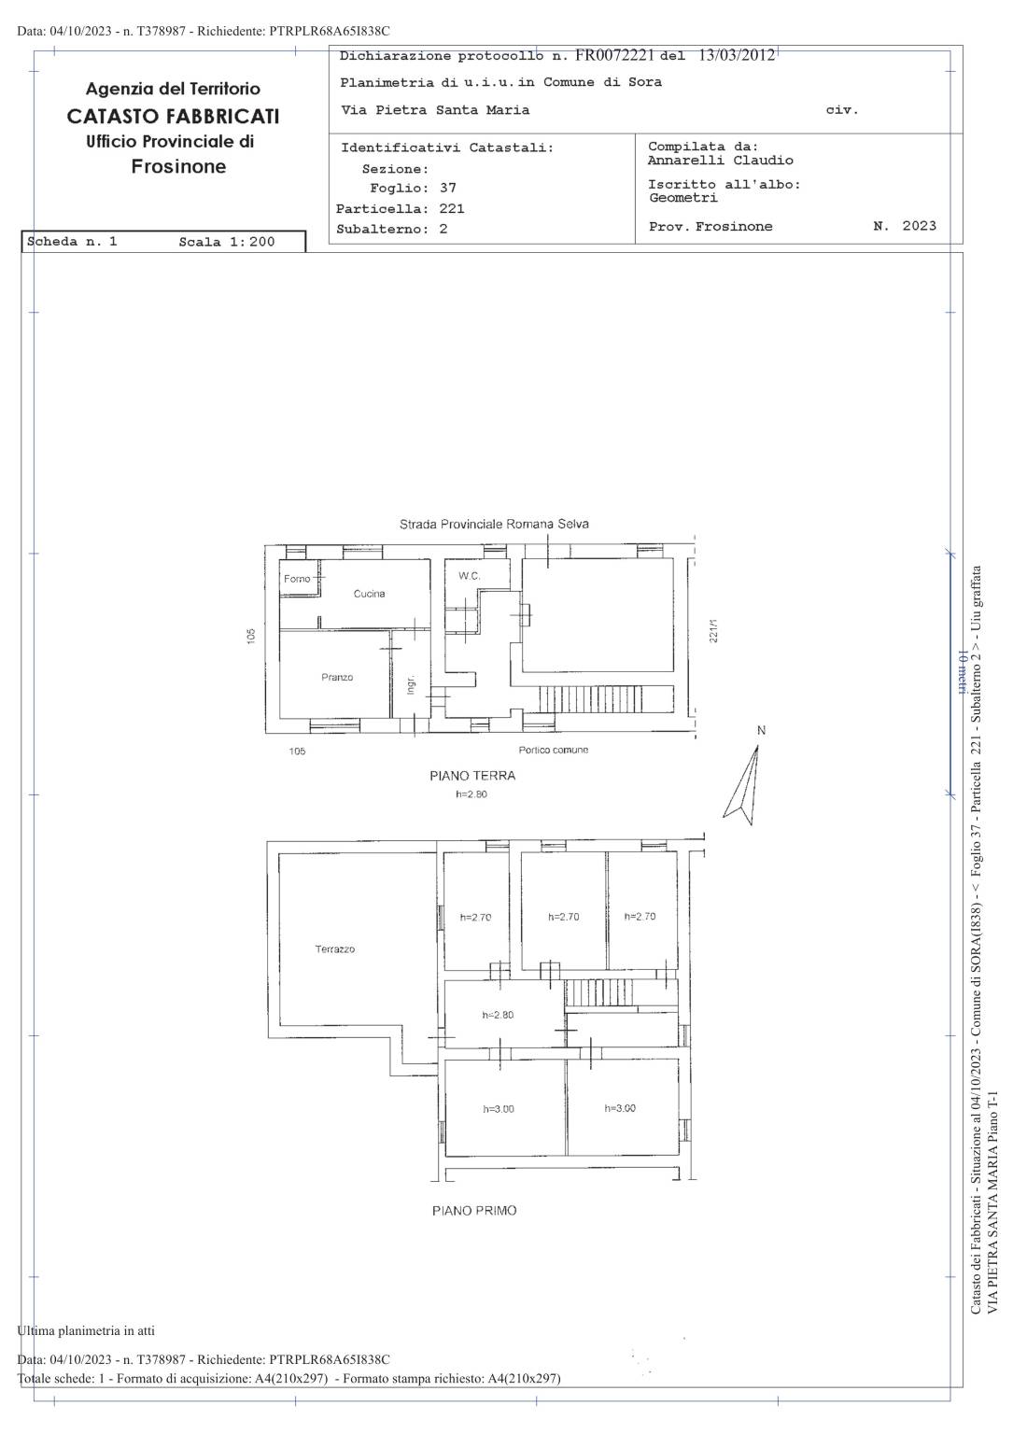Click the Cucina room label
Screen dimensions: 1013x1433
[369, 594]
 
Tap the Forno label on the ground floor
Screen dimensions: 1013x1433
[297, 579]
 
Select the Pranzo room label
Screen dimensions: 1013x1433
[337, 677]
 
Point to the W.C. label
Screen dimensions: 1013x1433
[469, 576]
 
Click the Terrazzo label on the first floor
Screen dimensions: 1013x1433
[334, 948]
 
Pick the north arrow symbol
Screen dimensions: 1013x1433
[743, 784]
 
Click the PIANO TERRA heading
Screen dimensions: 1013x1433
[472, 776]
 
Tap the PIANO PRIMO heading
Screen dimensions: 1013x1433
[474, 1211]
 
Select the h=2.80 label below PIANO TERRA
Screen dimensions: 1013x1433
[471, 794]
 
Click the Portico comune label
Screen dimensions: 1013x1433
[554, 750]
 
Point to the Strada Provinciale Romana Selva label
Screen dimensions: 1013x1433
[494, 524]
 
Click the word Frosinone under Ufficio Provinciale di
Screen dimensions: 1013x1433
[178, 166]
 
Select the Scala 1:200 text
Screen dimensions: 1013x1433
[227, 242]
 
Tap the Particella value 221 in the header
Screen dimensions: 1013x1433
[452, 208]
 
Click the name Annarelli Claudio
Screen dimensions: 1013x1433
[721, 160]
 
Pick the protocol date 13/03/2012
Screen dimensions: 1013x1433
[737, 55]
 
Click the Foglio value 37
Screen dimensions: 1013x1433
[448, 188]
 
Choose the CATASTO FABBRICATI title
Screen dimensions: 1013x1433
[174, 117]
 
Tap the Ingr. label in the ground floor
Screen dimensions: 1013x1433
[411, 684]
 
